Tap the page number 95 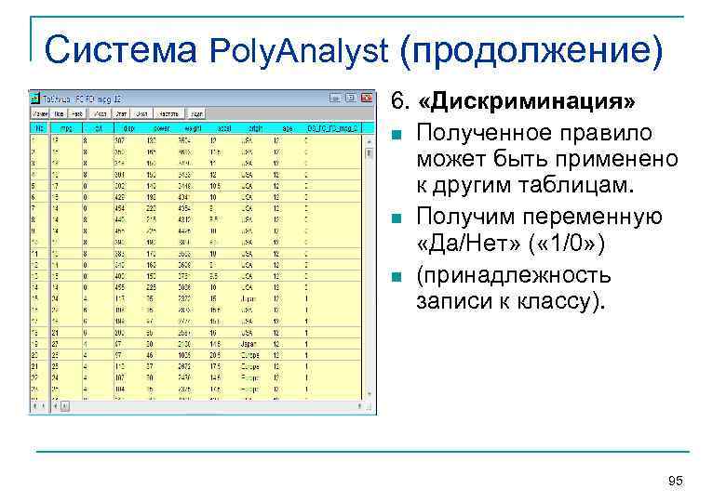pos(676,480)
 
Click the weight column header pos(183,126)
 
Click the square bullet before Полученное pos(398,135)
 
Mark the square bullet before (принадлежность pos(398,276)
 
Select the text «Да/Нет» pos(468,244)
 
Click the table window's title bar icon pos(34,98)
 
